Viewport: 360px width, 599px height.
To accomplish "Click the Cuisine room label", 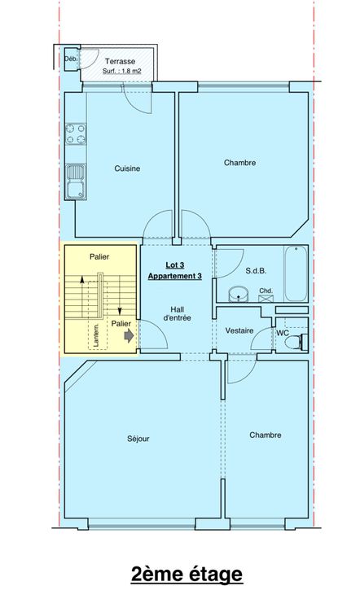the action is (x=127, y=168).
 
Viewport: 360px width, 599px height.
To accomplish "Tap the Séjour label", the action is (x=138, y=439).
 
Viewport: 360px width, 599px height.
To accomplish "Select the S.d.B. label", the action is (x=256, y=271).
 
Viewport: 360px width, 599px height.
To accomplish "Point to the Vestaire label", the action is (x=239, y=330).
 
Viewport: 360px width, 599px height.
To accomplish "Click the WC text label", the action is (x=283, y=333).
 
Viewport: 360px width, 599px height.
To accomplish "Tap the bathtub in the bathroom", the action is (x=296, y=273).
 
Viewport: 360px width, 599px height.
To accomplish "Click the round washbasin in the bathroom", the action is (x=239, y=295).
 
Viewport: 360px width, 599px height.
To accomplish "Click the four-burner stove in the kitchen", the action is (x=76, y=134).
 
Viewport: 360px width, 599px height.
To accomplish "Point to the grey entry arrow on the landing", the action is (x=129, y=336).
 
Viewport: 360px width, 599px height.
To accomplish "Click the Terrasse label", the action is (x=120, y=61).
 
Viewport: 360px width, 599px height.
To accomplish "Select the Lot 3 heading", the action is (x=174, y=265).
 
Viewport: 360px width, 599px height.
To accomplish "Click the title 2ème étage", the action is (x=187, y=574).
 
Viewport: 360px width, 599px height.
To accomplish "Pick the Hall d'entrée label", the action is (x=177, y=313).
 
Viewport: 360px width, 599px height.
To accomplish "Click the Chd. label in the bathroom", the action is (x=266, y=291).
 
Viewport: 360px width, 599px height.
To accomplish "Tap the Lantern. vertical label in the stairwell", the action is (x=96, y=335).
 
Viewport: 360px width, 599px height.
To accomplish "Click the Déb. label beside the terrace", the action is (x=71, y=59).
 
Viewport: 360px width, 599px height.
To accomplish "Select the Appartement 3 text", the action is (x=174, y=276).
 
